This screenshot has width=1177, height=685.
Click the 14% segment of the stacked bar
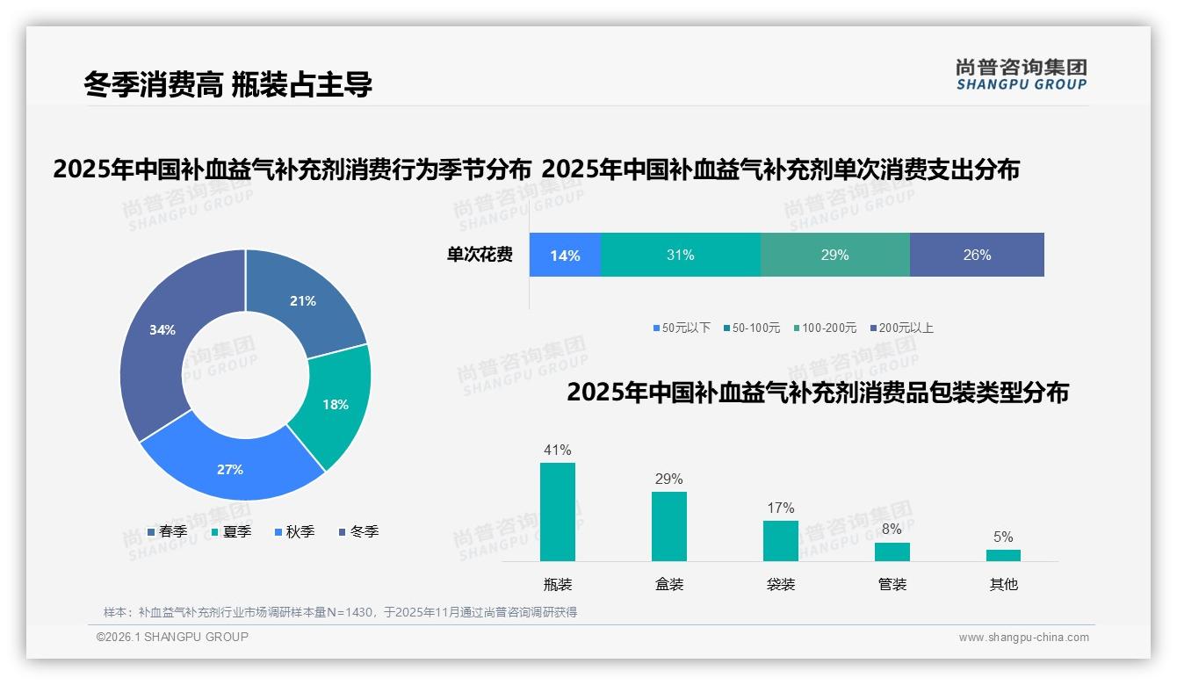(565, 256)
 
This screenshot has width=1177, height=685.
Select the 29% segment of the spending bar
(834, 256)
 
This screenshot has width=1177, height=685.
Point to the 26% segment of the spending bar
(977, 256)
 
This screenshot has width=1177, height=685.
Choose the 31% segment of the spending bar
(680, 256)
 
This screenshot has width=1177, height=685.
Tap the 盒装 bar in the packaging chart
(669, 526)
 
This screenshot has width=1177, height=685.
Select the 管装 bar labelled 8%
(892, 552)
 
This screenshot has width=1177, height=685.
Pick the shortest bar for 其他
(1003, 555)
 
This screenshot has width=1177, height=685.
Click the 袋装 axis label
(781, 584)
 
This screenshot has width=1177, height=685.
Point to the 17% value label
(781, 508)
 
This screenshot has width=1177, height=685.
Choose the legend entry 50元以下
(682, 328)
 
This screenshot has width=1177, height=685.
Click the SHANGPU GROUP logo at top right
(1021, 75)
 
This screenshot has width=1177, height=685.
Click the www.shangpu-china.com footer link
(1023, 638)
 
